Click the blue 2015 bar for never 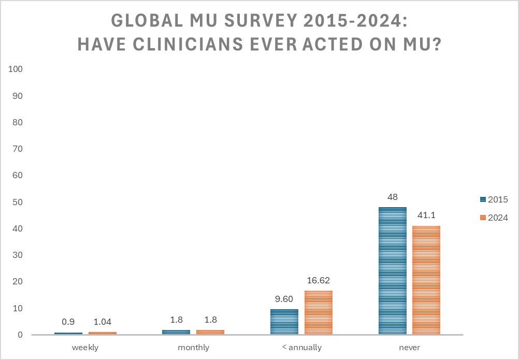point(393,270)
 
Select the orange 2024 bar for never point(426,280)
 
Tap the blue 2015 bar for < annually point(284,322)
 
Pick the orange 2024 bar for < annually point(318,312)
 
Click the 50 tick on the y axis point(18,202)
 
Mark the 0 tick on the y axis point(20,335)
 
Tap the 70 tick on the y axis point(18,149)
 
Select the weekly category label point(85,348)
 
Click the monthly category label point(193,348)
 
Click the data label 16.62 point(318,280)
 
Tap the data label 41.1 point(426,215)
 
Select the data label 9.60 point(284,299)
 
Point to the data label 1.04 point(102,322)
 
